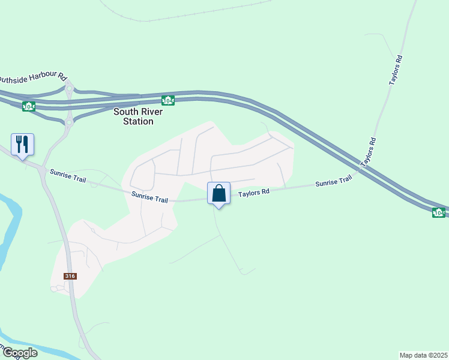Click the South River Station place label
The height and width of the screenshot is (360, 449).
(x=133, y=116)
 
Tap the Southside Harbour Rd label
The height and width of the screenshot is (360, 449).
(x=32, y=77)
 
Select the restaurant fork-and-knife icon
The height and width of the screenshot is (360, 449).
(x=22, y=144)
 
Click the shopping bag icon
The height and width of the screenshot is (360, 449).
(x=218, y=193)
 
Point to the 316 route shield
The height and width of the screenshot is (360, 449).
(x=71, y=275)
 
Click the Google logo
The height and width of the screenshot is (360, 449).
(x=19, y=353)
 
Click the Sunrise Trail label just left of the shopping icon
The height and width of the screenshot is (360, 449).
(x=149, y=197)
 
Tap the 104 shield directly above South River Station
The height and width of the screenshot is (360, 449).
(x=168, y=100)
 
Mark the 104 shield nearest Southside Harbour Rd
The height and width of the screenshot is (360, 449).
(x=28, y=106)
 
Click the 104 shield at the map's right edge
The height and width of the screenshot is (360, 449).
(x=439, y=212)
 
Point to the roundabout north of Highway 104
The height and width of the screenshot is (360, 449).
(x=69, y=88)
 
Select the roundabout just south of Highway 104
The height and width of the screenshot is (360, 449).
(x=68, y=122)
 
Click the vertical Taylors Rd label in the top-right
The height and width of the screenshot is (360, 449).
(x=395, y=70)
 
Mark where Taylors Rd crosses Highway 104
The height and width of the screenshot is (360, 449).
(x=359, y=169)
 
